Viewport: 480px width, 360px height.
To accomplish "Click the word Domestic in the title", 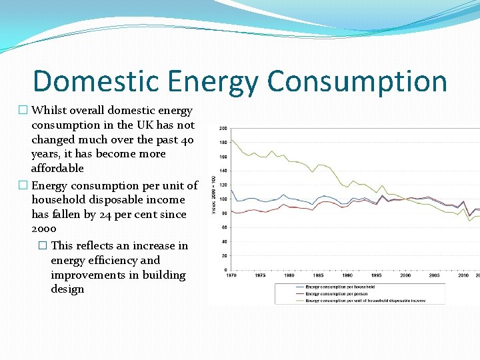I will (x=95, y=81).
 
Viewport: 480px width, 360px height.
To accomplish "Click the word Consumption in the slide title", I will (x=357, y=81).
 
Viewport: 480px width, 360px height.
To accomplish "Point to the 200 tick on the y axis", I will (x=223, y=128).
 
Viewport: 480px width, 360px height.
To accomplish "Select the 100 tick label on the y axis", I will (x=223, y=199).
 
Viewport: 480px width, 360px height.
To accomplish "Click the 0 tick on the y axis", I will (x=225, y=270).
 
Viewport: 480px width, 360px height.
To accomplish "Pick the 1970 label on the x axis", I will (x=231, y=275).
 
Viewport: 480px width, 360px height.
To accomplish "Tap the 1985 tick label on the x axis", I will (x=318, y=275).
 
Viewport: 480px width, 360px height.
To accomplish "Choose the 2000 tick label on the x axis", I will (x=405, y=275).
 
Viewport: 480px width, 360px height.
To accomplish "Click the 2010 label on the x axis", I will (x=463, y=275).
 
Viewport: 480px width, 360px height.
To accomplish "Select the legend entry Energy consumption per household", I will (x=340, y=287).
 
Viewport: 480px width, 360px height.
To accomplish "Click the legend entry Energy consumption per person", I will (x=337, y=294).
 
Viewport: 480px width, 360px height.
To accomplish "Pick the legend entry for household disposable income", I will (x=364, y=301).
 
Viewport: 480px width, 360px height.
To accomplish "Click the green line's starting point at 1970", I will (x=231, y=140).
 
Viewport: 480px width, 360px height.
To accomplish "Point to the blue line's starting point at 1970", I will (x=231, y=191).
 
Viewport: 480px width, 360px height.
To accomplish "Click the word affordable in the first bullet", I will (x=57, y=169).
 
